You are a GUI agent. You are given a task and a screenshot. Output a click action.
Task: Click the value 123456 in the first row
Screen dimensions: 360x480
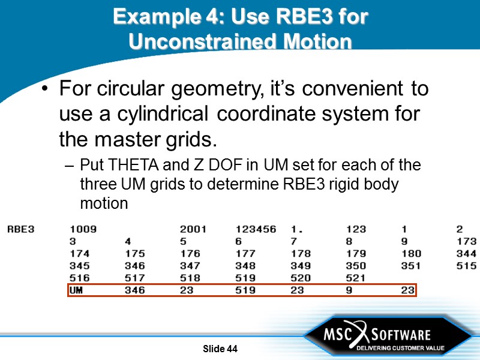(256, 229)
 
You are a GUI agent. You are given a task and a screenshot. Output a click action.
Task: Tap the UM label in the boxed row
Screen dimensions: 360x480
(76, 290)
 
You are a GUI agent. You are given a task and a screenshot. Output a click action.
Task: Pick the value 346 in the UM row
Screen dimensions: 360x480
(135, 290)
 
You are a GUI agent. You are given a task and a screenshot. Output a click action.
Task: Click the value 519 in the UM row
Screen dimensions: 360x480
(245, 290)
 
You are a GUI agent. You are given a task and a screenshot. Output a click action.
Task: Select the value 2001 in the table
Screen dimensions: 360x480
(193, 229)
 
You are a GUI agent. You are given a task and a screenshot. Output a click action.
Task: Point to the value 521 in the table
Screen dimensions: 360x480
(356, 278)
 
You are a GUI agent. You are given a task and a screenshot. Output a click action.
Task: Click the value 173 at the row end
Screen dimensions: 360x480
(466, 241)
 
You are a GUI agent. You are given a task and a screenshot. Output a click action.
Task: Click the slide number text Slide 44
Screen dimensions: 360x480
(220, 349)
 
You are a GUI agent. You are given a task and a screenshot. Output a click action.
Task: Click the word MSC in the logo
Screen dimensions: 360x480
(337, 334)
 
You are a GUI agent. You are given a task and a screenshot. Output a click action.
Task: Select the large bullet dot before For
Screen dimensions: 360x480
(46, 90)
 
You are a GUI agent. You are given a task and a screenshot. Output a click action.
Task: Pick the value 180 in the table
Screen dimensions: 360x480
(411, 253)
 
